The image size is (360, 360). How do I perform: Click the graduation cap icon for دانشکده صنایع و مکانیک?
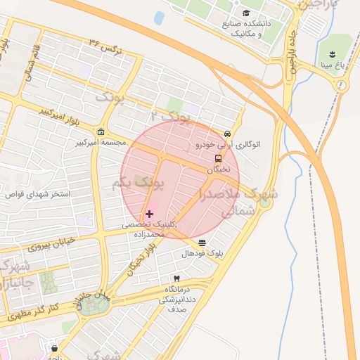coord(245,13)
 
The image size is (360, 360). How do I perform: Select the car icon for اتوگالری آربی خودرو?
coord(227,134)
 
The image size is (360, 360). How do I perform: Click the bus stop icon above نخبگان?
coord(217,158)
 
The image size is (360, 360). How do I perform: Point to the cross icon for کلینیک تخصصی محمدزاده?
coord(149,213)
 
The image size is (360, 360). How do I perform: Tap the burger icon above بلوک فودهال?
coord(202,243)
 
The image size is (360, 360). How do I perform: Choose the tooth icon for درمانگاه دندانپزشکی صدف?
coord(176,279)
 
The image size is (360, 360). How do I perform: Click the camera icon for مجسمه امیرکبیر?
coord(101,132)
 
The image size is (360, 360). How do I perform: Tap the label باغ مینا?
coord(332,66)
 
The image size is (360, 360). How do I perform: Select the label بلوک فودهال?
coord(202,254)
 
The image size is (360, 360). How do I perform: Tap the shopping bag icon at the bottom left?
coord(54,348)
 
